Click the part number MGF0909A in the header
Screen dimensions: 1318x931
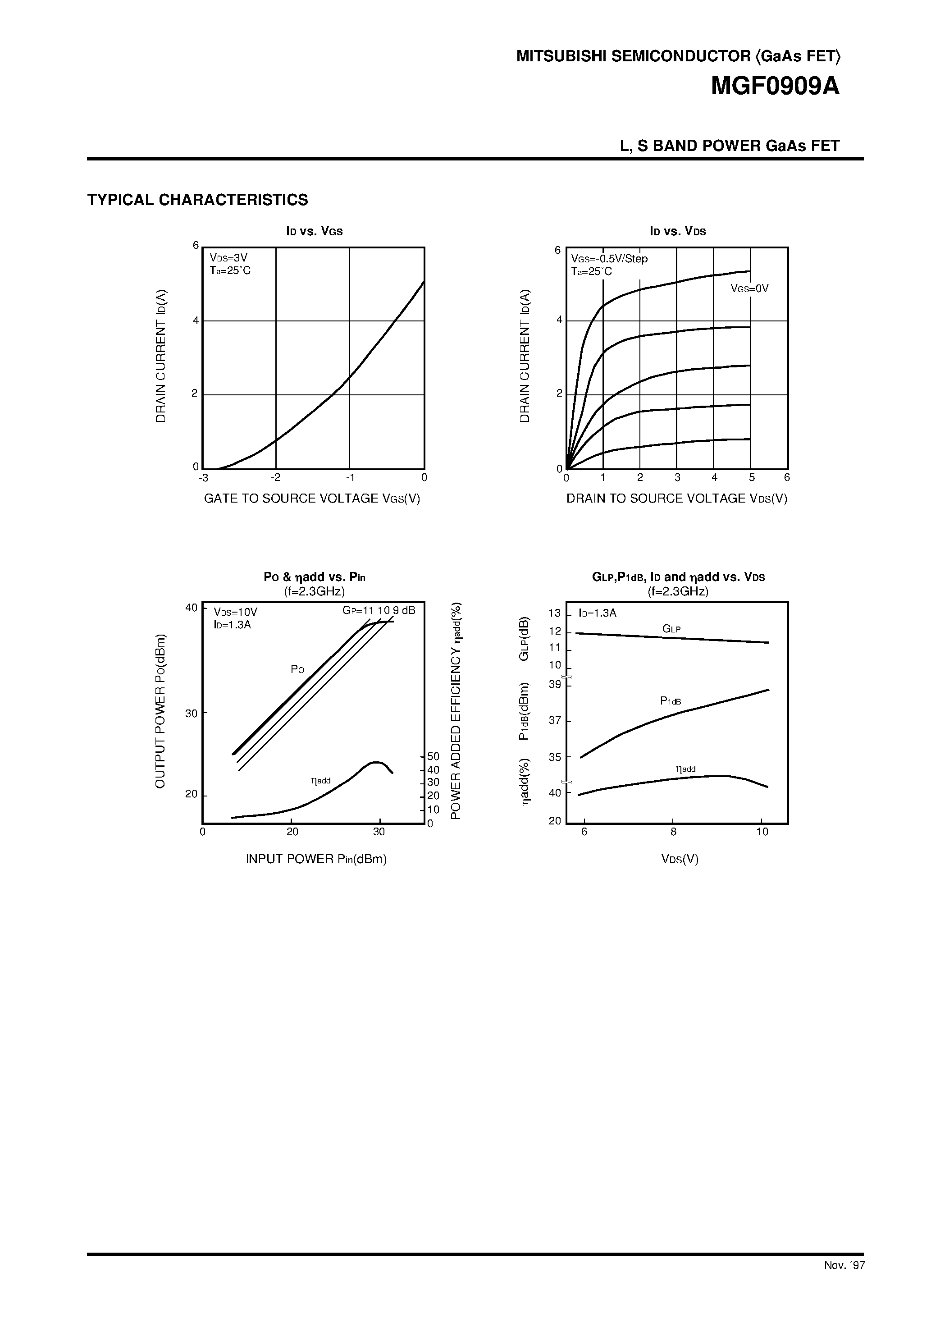(x=775, y=87)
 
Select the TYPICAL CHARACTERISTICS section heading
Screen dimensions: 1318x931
(x=197, y=200)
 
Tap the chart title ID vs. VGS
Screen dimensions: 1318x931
(x=315, y=231)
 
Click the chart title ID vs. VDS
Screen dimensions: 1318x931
(x=678, y=231)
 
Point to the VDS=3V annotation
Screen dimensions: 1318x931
(x=228, y=258)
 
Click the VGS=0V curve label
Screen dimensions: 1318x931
(x=749, y=289)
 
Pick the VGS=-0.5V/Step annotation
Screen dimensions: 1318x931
(x=609, y=259)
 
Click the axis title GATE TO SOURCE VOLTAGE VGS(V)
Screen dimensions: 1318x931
(x=312, y=498)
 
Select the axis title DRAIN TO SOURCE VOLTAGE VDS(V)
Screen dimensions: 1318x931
(x=677, y=498)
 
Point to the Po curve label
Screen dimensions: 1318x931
(x=297, y=669)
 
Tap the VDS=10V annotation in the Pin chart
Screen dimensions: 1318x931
(x=235, y=613)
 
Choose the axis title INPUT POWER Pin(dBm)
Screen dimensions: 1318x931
(x=316, y=859)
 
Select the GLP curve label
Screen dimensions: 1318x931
(x=671, y=629)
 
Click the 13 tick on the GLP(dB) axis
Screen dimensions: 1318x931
(x=554, y=613)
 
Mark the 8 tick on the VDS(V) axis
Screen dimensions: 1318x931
(x=673, y=832)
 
